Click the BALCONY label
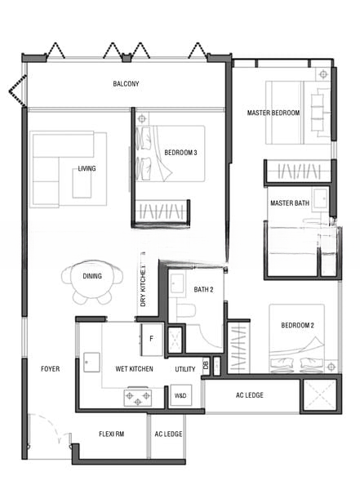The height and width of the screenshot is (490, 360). click(126, 84)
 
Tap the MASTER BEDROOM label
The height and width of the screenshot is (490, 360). click(273, 113)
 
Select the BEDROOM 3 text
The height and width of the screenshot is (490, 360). click(180, 153)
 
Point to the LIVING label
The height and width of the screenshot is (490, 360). click(87, 168)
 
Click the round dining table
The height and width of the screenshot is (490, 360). click(92, 278)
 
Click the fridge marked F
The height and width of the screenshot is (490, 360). click(152, 340)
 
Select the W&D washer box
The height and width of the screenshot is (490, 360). click(180, 395)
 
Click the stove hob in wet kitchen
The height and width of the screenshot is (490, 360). click(138, 397)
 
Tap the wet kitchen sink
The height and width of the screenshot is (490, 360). click(92, 362)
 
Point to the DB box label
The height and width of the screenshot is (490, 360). click(206, 365)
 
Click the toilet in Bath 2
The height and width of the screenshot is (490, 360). click(186, 310)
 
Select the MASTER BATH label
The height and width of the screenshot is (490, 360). click(290, 203)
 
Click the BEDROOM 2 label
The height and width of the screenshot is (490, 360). click(297, 325)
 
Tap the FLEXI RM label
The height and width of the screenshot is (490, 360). click(112, 434)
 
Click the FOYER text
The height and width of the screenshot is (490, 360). click(51, 369)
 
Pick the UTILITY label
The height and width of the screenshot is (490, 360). click(185, 369)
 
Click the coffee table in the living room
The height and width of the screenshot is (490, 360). click(82, 184)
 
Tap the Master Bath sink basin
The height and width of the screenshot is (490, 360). click(321, 198)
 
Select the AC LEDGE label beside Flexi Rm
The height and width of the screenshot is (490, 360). click(168, 434)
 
